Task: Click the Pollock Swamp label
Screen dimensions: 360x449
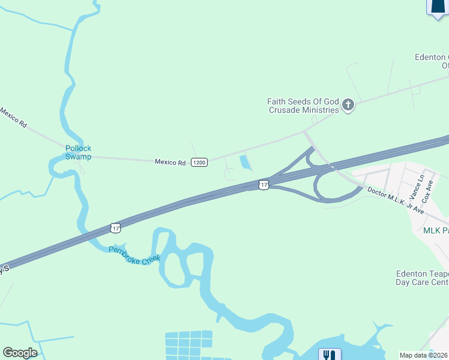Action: tap(78, 152)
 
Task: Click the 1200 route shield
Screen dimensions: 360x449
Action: tap(199, 163)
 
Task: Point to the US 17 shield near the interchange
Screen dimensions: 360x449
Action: tap(263, 185)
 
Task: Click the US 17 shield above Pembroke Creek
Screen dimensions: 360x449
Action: tap(116, 228)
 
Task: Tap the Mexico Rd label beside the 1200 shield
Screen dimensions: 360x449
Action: tap(170, 162)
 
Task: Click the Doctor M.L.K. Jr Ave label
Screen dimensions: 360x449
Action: tap(396, 202)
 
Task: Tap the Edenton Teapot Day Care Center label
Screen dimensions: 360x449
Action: tap(422, 278)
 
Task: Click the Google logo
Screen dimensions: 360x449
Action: tap(20, 353)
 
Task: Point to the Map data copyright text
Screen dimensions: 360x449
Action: tap(424, 355)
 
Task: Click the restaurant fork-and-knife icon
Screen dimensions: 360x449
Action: tap(330, 355)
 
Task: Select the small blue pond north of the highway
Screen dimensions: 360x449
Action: tap(245, 162)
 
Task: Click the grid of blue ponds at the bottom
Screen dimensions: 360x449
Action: tap(188, 344)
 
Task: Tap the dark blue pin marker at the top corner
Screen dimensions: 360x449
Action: tap(437, 6)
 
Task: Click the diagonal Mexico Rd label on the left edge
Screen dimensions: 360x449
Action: tap(13, 117)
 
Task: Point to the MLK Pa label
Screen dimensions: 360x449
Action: tap(436, 231)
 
